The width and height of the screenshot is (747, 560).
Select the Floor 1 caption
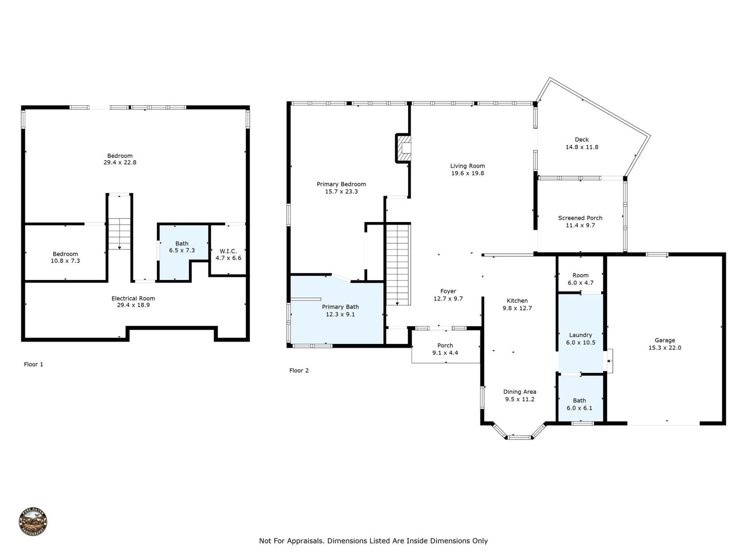point(33,364)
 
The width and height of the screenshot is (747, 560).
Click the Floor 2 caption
point(299,371)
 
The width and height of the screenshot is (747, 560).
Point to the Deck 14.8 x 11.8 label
point(582,143)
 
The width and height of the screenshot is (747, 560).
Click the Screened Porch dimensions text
point(580,226)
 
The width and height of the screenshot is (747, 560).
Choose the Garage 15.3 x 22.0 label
point(665,344)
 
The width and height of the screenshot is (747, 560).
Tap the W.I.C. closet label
point(228,255)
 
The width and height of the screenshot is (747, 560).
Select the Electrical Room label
point(133,302)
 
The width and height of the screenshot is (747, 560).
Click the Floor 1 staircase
point(119,233)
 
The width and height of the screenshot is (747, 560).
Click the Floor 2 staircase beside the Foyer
point(398,264)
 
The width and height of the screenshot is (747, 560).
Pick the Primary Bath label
point(340,311)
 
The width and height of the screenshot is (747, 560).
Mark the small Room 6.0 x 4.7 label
point(580,279)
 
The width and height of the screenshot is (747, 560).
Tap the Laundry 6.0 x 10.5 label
point(580,339)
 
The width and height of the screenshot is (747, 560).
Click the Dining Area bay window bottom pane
point(519,437)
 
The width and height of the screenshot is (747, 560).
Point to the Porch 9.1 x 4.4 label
point(445,349)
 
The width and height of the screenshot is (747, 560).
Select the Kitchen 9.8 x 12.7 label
point(517,304)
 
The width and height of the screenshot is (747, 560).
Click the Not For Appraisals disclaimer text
point(373,541)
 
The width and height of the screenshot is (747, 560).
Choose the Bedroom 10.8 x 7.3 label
point(65,257)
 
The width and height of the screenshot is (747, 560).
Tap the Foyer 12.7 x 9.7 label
point(448,295)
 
